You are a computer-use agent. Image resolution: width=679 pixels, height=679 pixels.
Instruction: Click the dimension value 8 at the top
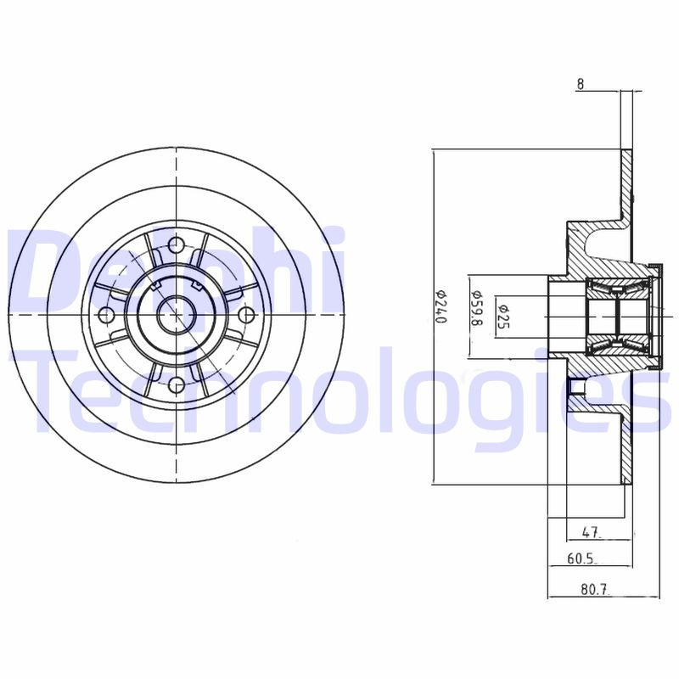[x=580, y=83]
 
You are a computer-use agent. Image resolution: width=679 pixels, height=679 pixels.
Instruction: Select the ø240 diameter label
[x=440, y=307]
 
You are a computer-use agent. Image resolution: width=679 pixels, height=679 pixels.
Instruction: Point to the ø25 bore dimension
[x=502, y=314]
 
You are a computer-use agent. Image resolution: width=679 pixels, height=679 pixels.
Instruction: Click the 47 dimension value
[x=592, y=533]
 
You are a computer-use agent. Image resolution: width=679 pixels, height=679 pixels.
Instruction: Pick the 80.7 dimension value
[x=594, y=588]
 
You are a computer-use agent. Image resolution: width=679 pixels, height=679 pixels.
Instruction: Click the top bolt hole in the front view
[x=176, y=245]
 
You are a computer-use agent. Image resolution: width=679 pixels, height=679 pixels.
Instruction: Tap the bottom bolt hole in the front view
[x=176, y=385]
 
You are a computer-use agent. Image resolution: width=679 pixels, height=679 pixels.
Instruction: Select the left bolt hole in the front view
[x=106, y=316]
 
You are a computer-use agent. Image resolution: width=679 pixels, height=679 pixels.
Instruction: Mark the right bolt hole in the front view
[x=246, y=316]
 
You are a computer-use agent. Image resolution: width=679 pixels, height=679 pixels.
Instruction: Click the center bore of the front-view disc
[x=176, y=316]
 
